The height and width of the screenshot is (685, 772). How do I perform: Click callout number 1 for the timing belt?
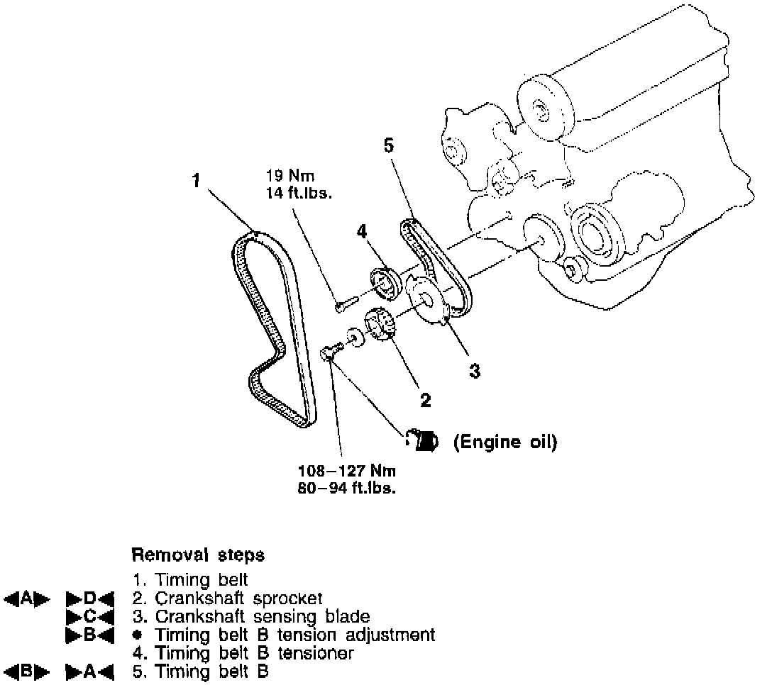point(197,181)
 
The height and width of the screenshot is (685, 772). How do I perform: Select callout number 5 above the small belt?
point(387,147)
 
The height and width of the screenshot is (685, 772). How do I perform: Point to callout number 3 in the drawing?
point(475,369)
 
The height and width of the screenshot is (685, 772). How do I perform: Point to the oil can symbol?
point(425,441)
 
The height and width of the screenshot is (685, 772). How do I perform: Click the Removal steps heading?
point(198,553)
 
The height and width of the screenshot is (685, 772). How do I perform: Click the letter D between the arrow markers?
point(89,598)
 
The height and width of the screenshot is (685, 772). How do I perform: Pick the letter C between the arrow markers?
point(89,616)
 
